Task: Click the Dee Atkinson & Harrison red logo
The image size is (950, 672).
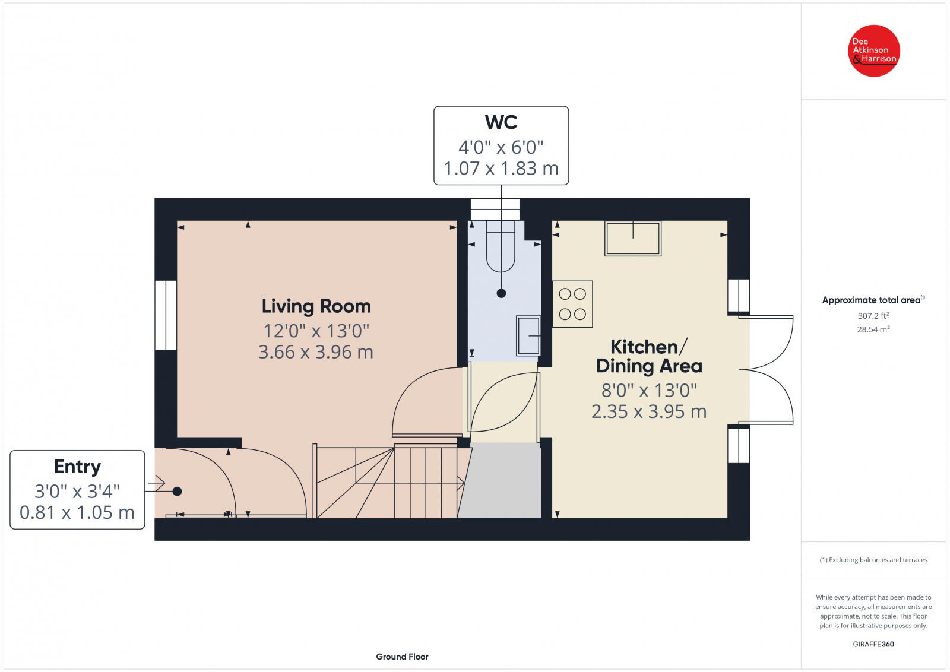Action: (873, 50)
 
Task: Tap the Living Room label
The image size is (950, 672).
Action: (316, 306)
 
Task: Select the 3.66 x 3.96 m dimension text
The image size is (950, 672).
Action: (316, 352)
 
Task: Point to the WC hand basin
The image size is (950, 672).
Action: (528, 336)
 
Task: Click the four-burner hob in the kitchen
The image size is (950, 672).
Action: (572, 304)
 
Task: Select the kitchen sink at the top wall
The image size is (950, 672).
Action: (633, 238)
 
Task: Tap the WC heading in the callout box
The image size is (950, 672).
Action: (501, 122)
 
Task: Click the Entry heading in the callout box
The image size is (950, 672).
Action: (77, 467)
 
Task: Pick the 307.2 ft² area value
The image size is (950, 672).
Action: (873, 316)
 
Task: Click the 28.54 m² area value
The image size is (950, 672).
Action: (873, 329)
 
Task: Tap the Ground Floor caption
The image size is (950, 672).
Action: (402, 657)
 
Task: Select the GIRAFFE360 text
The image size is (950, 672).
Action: (873, 644)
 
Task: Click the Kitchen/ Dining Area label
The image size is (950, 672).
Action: (649, 356)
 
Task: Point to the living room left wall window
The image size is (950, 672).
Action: (166, 315)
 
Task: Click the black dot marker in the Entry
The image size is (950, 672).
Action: (177, 492)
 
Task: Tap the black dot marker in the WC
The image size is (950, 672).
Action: (501, 293)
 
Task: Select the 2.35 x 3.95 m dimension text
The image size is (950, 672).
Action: (649, 411)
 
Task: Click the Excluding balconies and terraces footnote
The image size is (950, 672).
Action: (873, 560)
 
